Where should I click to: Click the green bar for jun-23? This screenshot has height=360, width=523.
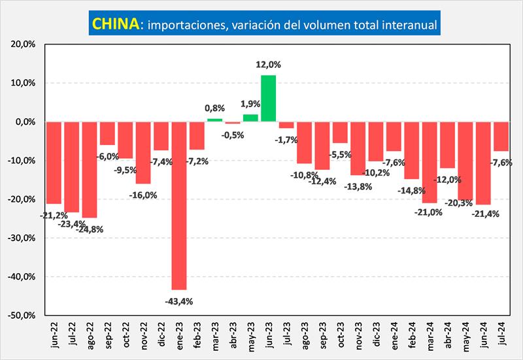(268, 98)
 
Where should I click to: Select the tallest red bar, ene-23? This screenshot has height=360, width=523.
(178, 205)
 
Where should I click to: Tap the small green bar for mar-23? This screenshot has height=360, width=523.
(214, 120)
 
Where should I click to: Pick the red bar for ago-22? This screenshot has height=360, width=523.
(89, 169)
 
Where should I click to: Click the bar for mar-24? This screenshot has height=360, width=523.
(430, 162)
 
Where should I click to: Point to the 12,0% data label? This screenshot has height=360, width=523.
(268, 65)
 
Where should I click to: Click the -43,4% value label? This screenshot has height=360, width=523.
(178, 301)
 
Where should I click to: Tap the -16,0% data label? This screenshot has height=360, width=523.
(143, 195)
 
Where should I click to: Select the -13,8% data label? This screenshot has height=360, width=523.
(358, 186)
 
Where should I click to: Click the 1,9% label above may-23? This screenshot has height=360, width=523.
(250, 104)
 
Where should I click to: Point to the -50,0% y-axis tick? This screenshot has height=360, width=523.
(24, 315)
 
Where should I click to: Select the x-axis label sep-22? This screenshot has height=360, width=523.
(107, 336)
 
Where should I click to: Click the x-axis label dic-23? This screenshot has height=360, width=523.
(375, 336)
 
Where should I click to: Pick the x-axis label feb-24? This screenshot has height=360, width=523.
(411, 336)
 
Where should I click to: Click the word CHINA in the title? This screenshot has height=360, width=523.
(115, 24)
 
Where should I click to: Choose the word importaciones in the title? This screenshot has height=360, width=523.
(184, 25)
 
